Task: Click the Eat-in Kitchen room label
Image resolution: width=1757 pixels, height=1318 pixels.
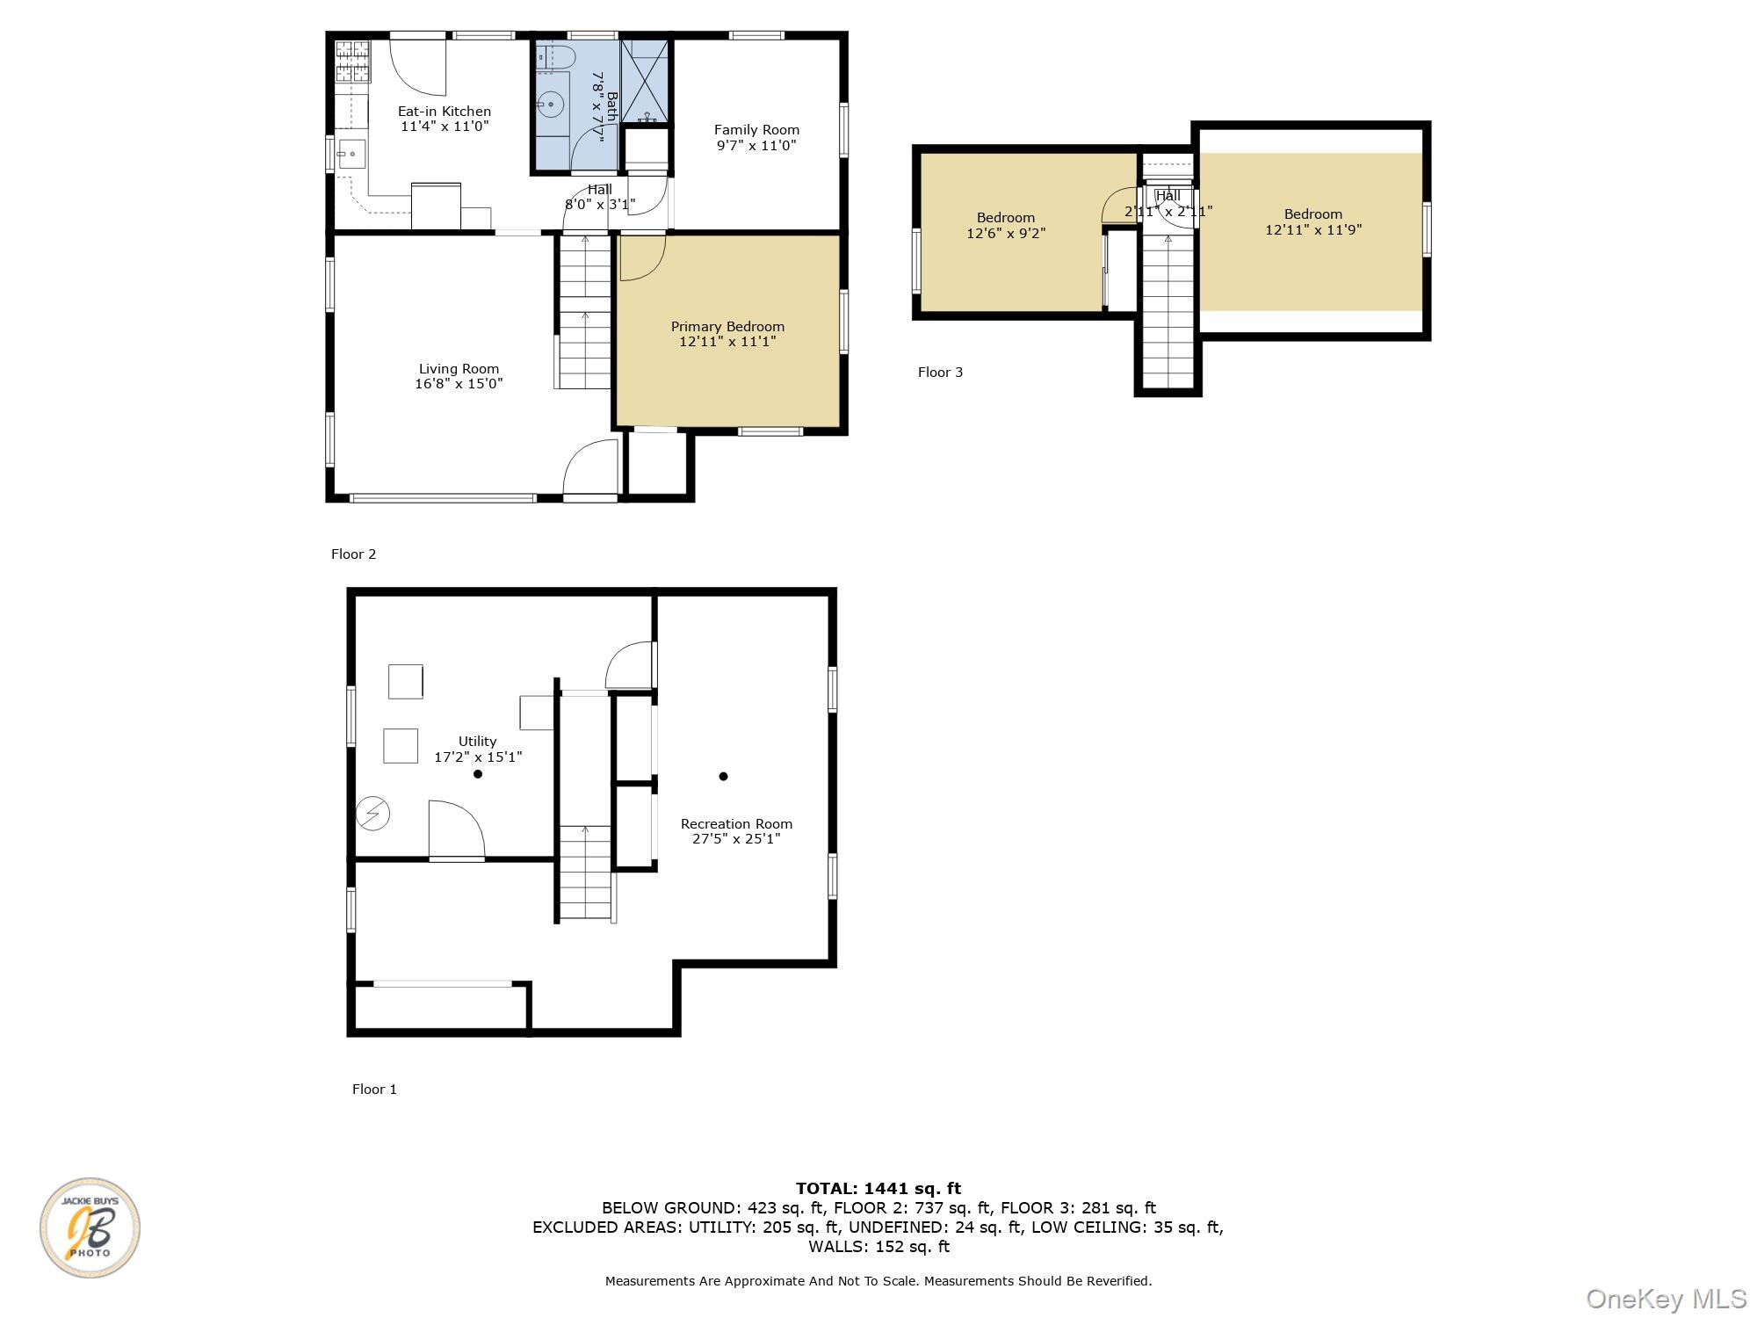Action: point(445,112)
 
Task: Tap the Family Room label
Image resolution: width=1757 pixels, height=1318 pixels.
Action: point(756,130)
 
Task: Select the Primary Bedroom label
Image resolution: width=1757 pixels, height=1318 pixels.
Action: point(727,327)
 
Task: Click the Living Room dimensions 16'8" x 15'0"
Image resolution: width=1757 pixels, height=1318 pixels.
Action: point(459,384)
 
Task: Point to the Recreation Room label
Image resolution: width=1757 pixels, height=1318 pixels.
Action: point(736,824)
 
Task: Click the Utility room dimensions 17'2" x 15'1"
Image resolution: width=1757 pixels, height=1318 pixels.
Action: point(478,757)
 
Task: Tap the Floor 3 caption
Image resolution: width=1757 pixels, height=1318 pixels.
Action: point(940,373)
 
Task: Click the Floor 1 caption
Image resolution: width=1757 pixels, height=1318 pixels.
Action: point(374,1090)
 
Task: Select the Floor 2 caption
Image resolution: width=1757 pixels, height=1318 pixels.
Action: point(353,554)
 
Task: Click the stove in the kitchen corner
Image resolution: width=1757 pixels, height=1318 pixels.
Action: point(352,62)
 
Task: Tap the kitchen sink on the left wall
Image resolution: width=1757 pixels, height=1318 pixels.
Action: point(351,154)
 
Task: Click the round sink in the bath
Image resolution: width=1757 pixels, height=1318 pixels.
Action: point(551,105)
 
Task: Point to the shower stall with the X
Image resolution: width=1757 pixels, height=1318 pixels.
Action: point(645,80)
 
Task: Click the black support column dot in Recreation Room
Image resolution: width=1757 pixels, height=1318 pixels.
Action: point(724,776)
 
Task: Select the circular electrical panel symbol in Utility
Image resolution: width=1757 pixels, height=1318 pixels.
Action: point(372,814)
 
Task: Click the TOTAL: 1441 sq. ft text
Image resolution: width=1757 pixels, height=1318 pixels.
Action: point(878,1189)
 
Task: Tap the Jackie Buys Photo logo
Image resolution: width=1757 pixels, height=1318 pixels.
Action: point(90,1227)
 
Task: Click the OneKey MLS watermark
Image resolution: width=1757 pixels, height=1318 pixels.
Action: point(1667,1299)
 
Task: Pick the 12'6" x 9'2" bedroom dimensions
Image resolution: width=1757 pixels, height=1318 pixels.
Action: point(1006,234)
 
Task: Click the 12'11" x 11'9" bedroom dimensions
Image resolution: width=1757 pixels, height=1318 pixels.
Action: point(1313,230)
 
